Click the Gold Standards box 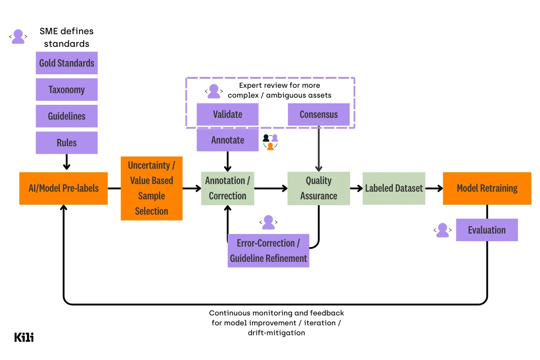pos(67,63)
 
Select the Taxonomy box pos(67,90)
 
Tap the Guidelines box pos(67,116)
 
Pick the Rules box pos(67,143)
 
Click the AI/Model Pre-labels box pos(63,188)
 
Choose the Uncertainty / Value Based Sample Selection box pos(152,188)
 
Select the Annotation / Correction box pos(228,188)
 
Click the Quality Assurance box pos(319,188)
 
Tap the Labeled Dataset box pos(394,188)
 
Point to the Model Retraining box pos(487,188)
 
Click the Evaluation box pos(487,230)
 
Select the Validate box pos(228,114)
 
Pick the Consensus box pos(319,114)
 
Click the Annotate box pos(228,140)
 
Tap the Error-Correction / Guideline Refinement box pos(268,251)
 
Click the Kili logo pos(24,337)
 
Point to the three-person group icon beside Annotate pos(270,142)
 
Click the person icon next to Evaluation pos(443,230)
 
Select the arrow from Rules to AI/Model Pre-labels pos(67,162)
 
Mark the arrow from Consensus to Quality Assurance pos(319,148)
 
